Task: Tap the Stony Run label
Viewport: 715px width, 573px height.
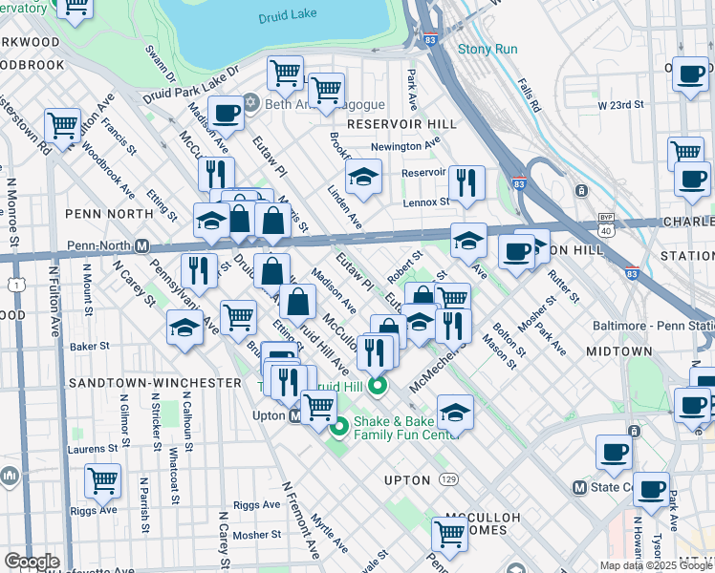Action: (x=487, y=49)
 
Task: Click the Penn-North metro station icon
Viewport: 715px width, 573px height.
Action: (x=141, y=245)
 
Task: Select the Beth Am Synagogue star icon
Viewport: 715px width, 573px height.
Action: (x=251, y=103)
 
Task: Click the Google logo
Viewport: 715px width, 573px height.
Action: (x=32, y=562)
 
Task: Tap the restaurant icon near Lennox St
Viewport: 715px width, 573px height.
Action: (x=466, y=183)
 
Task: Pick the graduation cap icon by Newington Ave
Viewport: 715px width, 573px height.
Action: (x=364, y=178)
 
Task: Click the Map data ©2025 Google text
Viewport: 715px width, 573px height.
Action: (x=656, y=565)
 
